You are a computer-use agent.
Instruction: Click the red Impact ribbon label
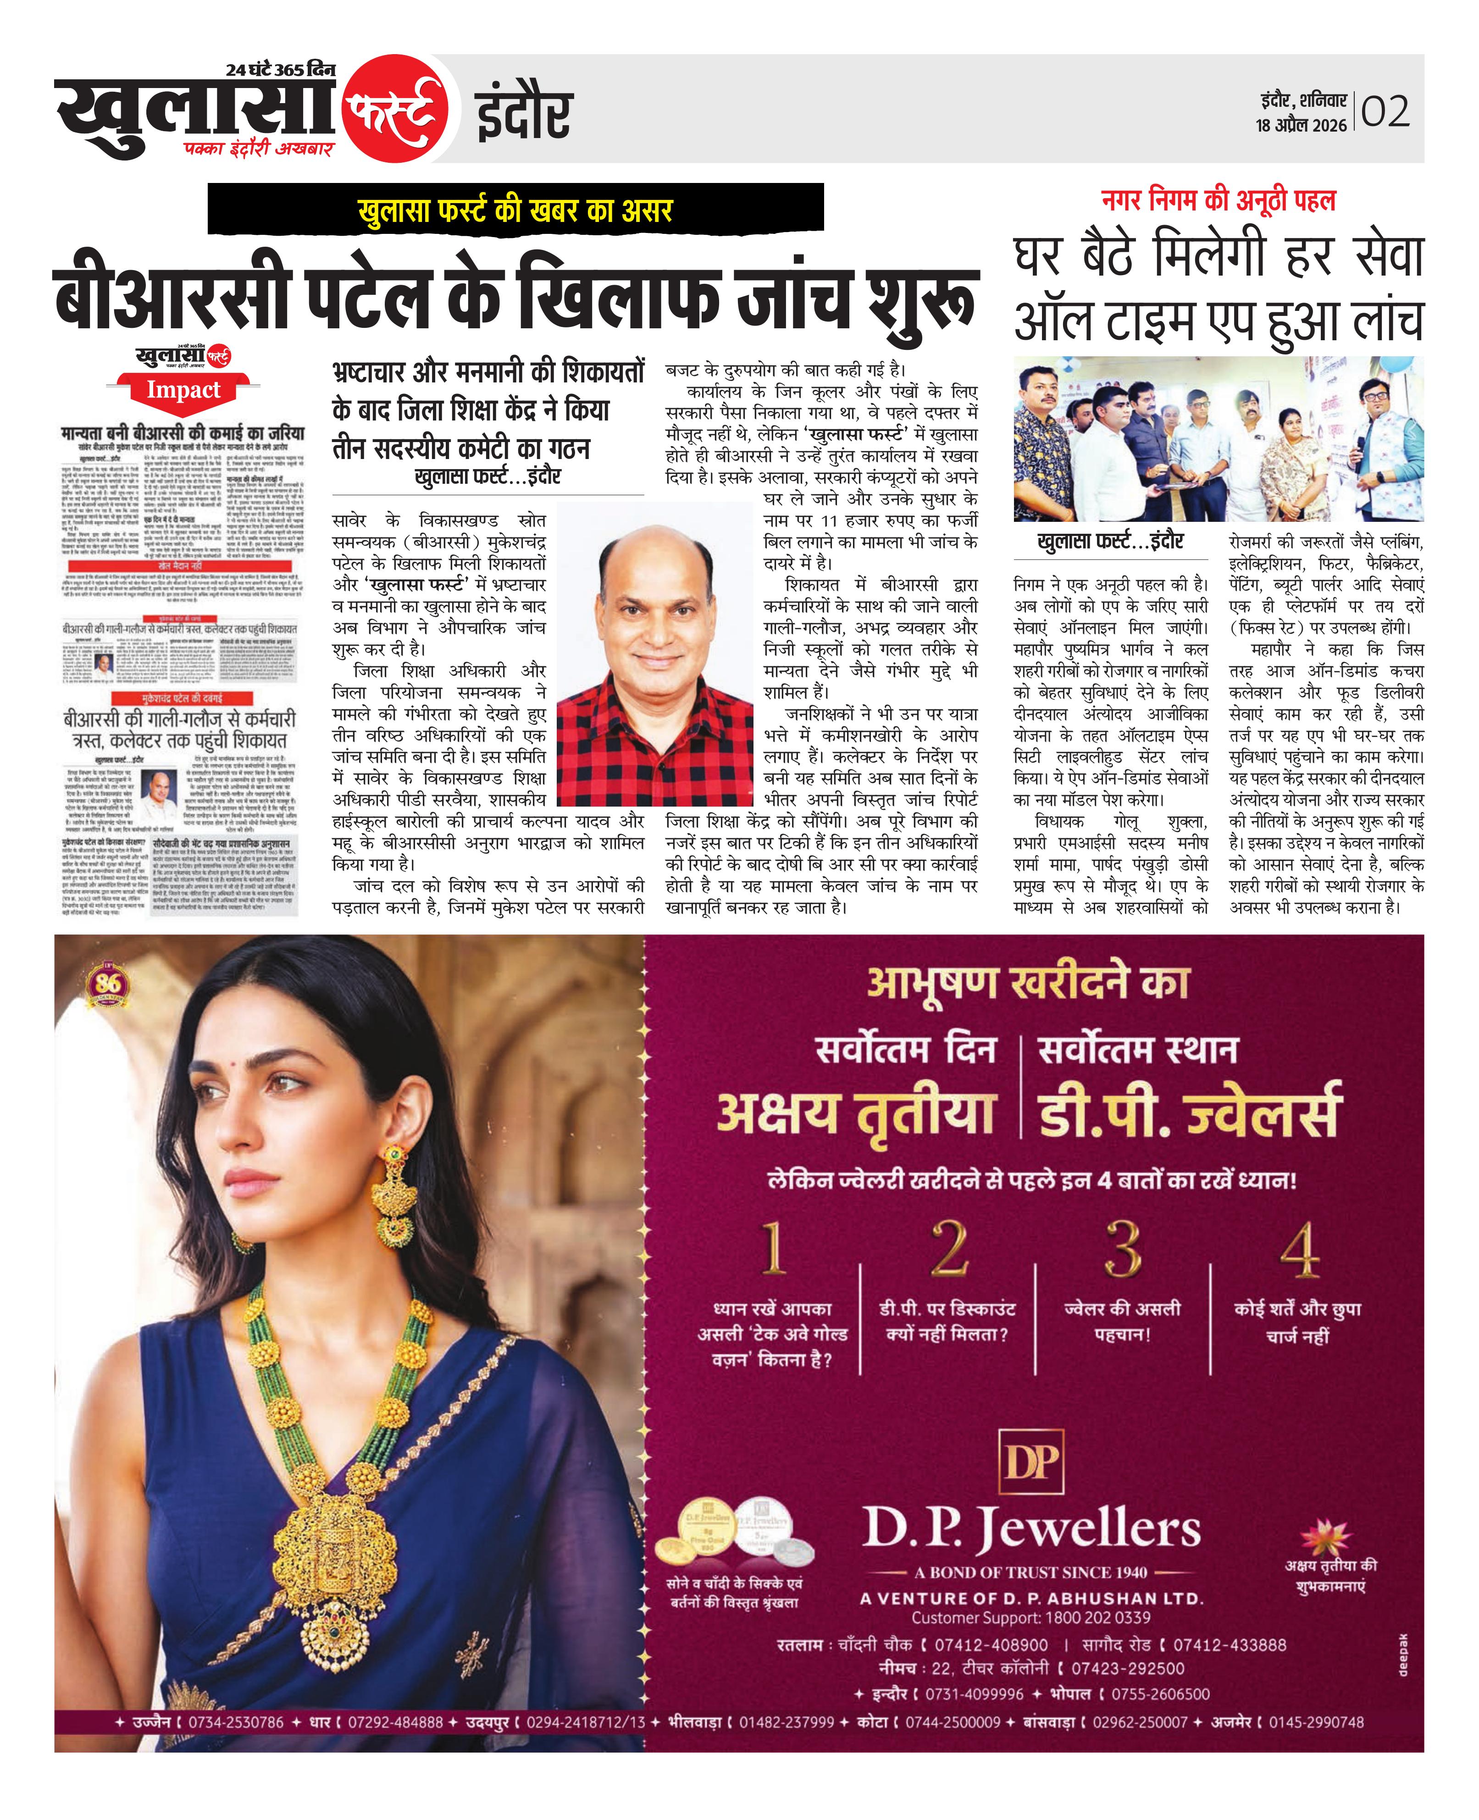183,391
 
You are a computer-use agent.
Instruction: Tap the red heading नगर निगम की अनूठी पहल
1219,201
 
